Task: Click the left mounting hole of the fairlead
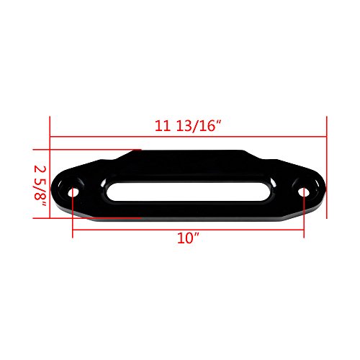coord(75,193)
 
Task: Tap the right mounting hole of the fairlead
coord(303,193)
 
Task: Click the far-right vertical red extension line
coord(327,166)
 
